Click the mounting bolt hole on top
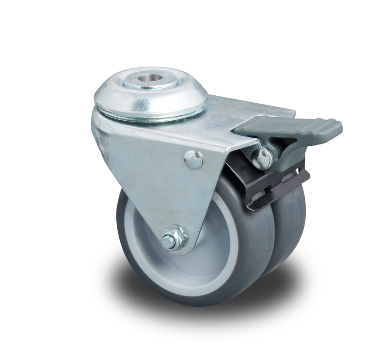point(150,79)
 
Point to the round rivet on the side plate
point(193,160)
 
